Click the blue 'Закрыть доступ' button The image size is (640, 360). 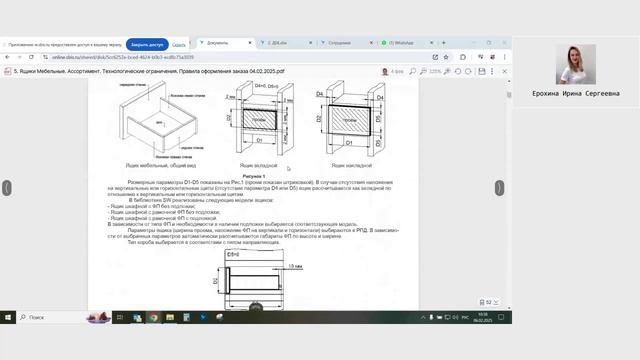pos(146,45)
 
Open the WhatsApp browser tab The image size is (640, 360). pos(400,43)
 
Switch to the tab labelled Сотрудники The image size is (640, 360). pos(339,43)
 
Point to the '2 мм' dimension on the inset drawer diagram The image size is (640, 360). pos(231,98)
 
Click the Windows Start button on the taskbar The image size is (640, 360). pos(9,317)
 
